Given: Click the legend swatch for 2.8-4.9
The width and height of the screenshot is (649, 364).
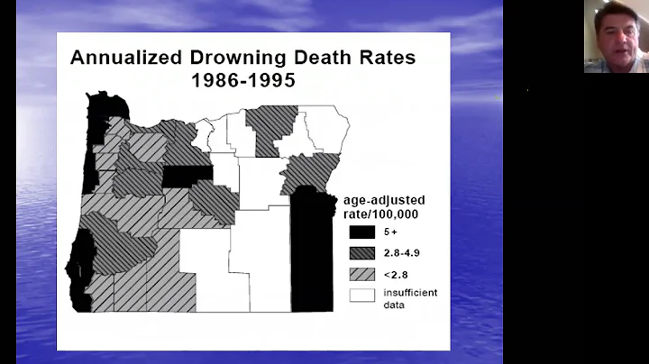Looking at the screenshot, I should click(x=362, y=254).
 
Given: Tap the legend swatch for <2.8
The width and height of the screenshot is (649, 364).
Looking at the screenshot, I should click(x=362, y=275).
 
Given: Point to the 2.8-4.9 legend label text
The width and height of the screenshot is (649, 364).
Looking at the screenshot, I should click(x=403, y=254).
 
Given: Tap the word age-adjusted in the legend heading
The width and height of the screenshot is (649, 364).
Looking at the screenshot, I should click(x=383, y=200).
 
